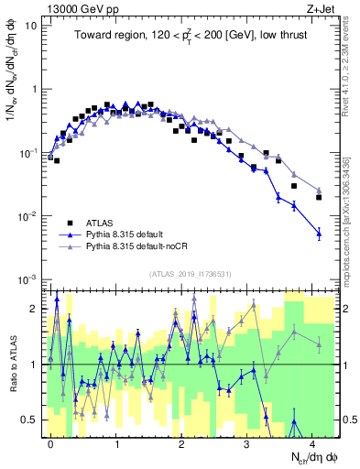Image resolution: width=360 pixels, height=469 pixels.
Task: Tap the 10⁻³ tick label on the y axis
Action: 28,278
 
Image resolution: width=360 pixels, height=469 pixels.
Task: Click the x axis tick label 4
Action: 312,442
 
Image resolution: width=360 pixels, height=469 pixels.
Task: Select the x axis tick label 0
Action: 50,442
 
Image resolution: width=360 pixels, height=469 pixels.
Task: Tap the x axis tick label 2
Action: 181,442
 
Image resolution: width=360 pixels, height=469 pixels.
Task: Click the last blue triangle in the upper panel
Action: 319,234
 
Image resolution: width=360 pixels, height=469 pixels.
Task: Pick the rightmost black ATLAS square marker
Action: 319,197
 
